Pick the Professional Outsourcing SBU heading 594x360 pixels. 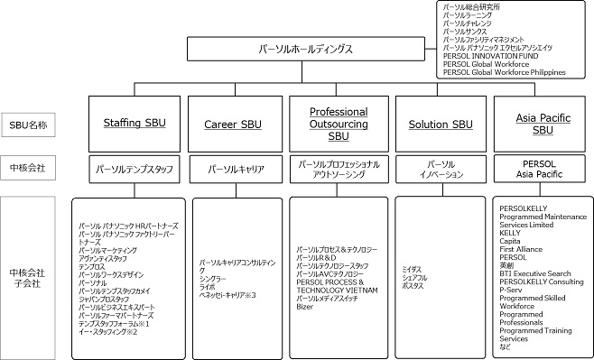(x=340, y=124)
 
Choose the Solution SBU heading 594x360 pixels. (x=441, y=124)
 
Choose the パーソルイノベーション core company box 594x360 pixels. (x=441, y=169)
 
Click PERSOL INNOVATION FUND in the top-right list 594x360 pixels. (x=491, y=56)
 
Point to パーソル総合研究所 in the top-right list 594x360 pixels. (x=474, y=7)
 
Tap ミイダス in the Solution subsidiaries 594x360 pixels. (x=413, y=268)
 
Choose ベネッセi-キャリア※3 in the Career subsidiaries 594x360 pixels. (x=228, y=294)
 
